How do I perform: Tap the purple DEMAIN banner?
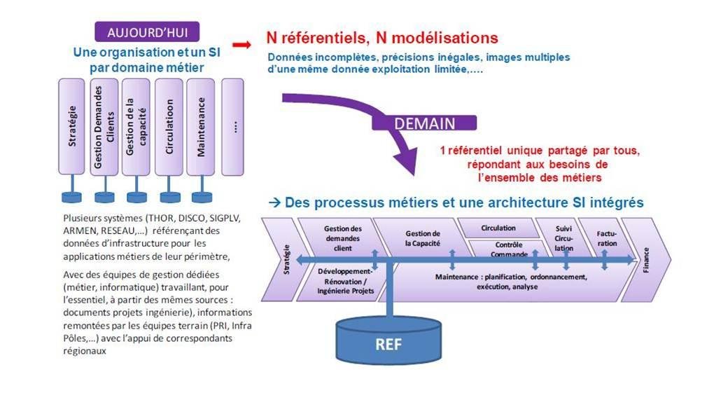click(424, 123)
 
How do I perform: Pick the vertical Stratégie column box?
click(71, 126)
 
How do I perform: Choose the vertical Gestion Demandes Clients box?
click(104, 126)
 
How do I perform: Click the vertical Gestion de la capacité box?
click(136, 126)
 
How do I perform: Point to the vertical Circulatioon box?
click(169, 126)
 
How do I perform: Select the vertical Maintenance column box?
click(201, 126)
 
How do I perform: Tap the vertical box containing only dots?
click(233, 126)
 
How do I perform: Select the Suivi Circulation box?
click(563, 238)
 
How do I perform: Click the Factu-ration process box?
click(606, 238)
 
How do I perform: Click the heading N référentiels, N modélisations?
click(382, 38)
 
